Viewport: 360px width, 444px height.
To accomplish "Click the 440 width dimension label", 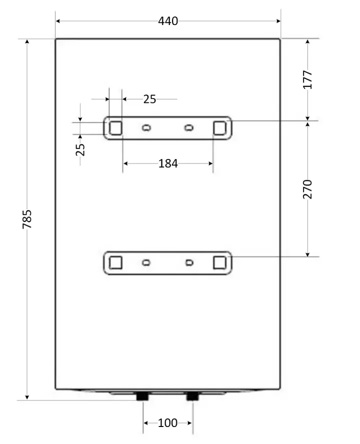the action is (168, 21).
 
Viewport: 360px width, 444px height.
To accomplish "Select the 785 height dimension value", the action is (27, 219).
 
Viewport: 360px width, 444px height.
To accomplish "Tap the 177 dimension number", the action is (307, 79).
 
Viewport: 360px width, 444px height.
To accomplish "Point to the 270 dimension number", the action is (307, 189).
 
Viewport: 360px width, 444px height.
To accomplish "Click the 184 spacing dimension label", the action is (168, 163).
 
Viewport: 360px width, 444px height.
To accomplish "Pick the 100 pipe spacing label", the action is (167, 423).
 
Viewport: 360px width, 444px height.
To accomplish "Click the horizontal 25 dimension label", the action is (149, 99).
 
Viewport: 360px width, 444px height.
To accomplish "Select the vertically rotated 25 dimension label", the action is (80, 149).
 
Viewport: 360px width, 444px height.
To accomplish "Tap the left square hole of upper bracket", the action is (115, 128).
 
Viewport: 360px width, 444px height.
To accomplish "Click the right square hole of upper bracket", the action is (219, 128).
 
